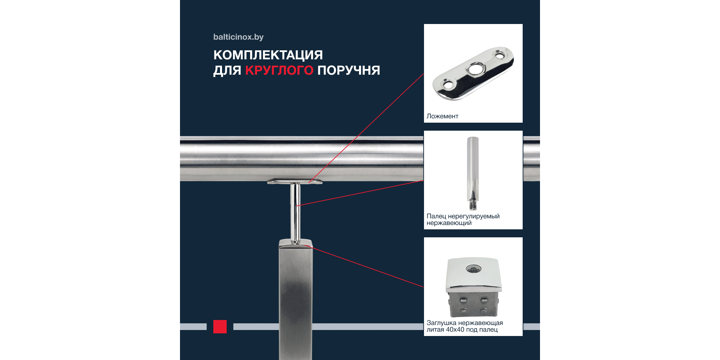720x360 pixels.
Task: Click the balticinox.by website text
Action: click(x=238, y=37)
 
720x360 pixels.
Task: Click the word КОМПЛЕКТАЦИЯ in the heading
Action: click(x=268, y=55)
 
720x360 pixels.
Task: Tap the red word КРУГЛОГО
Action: click(x=279, y=70)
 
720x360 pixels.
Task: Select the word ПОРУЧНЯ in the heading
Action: click(x=349, y=70)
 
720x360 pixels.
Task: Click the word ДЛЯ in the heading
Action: click(x=227, y=70)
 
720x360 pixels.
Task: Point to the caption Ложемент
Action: click(x=442, y=116)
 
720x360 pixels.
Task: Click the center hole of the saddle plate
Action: click(x=475, y=70)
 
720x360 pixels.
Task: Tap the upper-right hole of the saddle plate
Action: click(x=500, y=55)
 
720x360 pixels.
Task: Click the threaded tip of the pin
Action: click(x=473, y=205)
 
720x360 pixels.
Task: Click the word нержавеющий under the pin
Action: click(x=449, y=223)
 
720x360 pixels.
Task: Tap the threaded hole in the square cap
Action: click(x=473, y=268)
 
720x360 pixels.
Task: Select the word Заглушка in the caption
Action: click(x=441, y=323)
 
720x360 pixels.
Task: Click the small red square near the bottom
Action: click(x=220, y=327)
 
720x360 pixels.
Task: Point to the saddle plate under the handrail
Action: click(x=295, y=181)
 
